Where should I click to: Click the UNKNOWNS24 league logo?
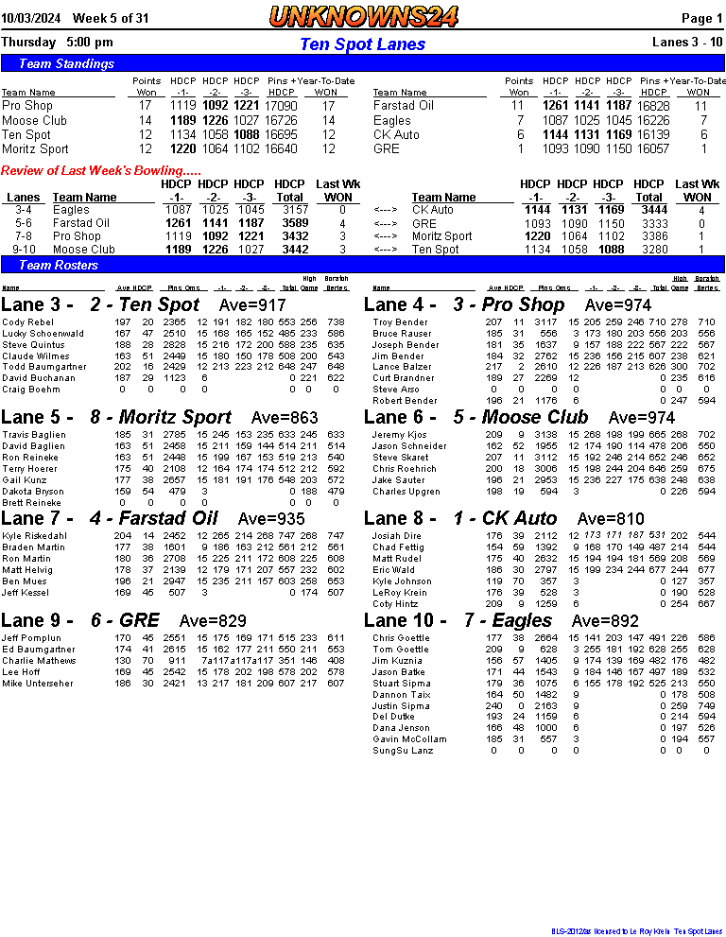pos(363,16)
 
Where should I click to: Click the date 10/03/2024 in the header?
pos(30,18)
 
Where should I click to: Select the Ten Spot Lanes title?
pos(363,44)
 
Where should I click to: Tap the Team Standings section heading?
pos(66,63)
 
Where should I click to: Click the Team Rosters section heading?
pos(59,266)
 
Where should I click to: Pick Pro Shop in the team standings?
pos(26,106)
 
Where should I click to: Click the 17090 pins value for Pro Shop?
pos(281,106)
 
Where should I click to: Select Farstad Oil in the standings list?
pos(403,106)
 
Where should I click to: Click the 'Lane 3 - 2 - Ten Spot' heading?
pos(100,304)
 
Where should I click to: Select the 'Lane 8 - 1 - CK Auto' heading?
pos(460,518)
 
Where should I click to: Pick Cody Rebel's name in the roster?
pos(28,322)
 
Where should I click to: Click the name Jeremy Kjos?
pos(399,435)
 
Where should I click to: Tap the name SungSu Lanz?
pos(402,751)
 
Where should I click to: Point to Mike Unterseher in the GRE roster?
pos(37,683)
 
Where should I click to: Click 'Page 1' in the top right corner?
pos(702,18)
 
